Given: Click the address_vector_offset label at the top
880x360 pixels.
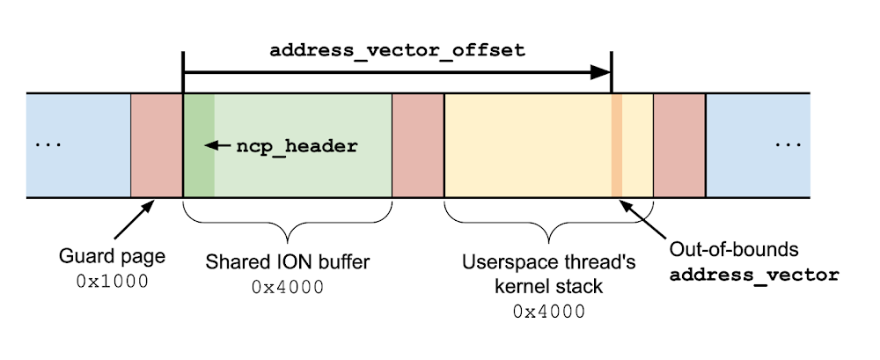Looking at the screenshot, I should tap(397, 50).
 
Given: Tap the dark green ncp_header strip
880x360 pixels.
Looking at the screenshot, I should tap(198, 145).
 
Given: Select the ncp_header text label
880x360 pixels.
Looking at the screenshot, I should tap(297, 147).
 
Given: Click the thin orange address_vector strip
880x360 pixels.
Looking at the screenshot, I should tap(616, 145).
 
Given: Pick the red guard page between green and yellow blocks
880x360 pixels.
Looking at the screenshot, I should tap(417, 145).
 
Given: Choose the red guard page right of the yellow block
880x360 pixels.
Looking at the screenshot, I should tap(679, 145).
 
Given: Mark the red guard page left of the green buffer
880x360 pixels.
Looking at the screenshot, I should tap(156, 145).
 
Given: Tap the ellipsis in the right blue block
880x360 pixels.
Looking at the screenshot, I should tap(788, 145).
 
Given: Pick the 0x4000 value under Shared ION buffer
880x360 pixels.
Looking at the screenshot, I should tap(287, 287).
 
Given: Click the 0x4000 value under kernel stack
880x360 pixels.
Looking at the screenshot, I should tap(548, 311).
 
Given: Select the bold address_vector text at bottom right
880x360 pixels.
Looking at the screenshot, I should tap(754, 275).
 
